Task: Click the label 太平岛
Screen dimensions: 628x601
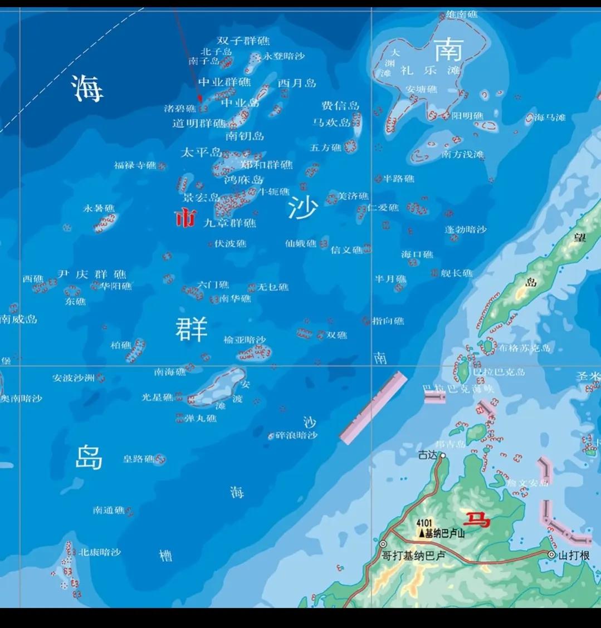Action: point(201,152)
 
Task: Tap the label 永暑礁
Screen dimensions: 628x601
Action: point(99,208)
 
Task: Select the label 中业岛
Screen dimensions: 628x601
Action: point(240,103)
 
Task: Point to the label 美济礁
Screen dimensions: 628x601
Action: point(354,196)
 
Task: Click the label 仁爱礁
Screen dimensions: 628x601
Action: point(384,208)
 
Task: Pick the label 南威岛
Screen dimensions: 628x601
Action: point(18,319)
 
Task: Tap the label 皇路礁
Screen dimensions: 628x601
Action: point(138,459)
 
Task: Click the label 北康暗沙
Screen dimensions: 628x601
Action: point(99,552)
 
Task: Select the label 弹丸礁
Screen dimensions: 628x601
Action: point(200,418)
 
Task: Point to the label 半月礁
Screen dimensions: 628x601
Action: point(390,279)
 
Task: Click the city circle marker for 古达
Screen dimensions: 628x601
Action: point(443,455)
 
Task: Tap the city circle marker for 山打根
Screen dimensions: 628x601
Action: point(551,555)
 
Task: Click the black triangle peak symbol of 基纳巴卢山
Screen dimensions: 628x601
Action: point(422,533)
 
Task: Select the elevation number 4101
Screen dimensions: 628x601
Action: point(424,523)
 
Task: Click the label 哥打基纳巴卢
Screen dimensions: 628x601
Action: point(413,556)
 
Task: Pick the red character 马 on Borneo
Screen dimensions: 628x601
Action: point(478,520)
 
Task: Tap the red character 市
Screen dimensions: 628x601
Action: point(185,218)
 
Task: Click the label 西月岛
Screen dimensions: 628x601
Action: point(297,83)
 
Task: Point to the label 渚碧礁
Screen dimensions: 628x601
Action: point(179,109)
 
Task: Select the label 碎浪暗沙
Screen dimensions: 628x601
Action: point(296,435)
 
